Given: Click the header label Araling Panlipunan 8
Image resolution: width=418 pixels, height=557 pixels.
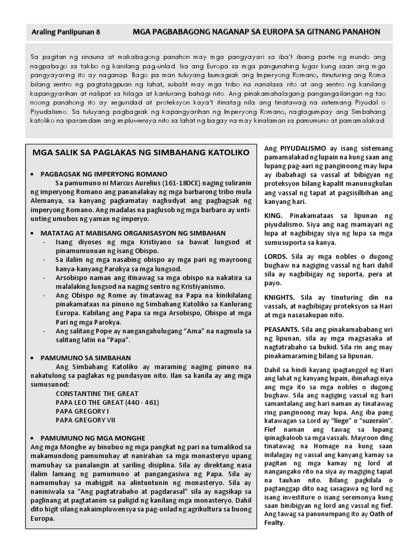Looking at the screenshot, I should (x=66, y=32).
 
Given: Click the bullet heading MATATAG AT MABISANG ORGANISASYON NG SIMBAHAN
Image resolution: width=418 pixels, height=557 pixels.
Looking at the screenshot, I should (x=134, y=232).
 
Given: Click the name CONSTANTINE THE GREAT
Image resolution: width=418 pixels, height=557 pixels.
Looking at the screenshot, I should (x=97, y=393).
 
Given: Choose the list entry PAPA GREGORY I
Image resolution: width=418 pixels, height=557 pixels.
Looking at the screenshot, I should (x=82, y=411).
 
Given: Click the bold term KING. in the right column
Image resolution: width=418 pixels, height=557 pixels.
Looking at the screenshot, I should (x=274, y=216).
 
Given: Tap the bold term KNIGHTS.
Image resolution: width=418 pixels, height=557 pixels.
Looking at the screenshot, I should (x=280, y=297).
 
